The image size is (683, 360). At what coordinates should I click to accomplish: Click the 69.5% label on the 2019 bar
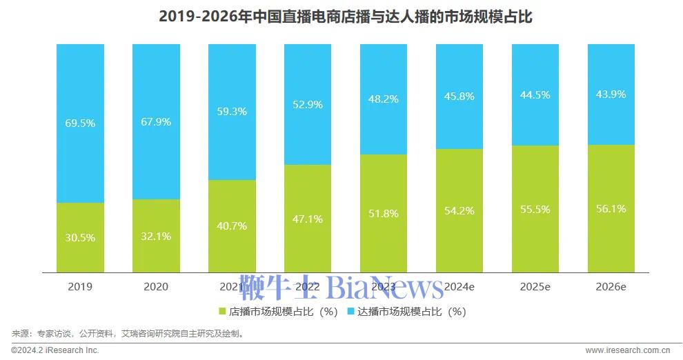coord(80,123)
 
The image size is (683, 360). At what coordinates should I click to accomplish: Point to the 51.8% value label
coord(384,213)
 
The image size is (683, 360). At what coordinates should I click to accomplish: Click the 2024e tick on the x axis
coord(459,286)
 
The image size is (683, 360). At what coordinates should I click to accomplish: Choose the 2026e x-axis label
coord(611,286)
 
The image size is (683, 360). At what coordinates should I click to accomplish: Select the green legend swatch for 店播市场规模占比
coord(222,311)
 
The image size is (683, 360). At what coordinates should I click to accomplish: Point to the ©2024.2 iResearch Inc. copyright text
coord(55,350)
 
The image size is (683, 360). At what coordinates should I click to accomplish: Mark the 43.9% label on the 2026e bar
coord(611,94)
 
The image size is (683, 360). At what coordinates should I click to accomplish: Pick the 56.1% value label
coord(611,208)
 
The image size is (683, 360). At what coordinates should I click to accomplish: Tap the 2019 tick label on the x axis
coord(80,286)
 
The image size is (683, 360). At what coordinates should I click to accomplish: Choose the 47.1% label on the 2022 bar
coord(308,219)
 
